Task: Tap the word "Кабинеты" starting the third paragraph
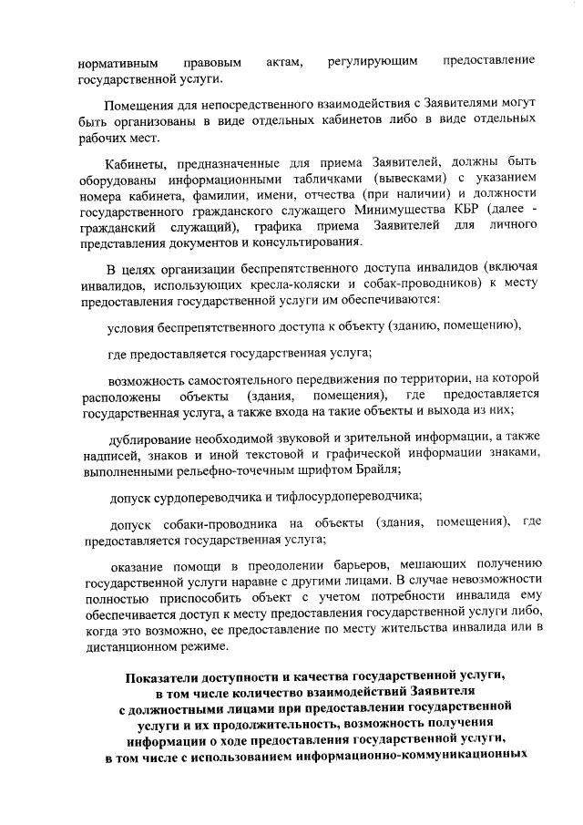pos(138,164)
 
